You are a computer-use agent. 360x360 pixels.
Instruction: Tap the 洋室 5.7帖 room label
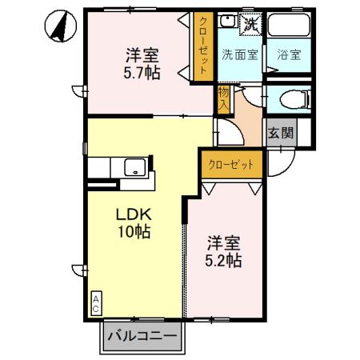point(141,64)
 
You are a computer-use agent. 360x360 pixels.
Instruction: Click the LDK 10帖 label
point(134,223)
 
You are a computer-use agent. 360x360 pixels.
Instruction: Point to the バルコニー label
point(142,337)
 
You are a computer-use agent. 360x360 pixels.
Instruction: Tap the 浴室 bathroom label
point(288,55)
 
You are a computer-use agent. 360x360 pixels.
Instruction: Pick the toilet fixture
point(289,100)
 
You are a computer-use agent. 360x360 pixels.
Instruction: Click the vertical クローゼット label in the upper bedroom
point(204,47)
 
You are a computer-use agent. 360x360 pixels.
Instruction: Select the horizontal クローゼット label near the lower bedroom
point(232,164)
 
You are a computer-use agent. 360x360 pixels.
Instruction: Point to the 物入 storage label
point(223,100)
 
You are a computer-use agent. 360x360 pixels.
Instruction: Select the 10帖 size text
point(134,233)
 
